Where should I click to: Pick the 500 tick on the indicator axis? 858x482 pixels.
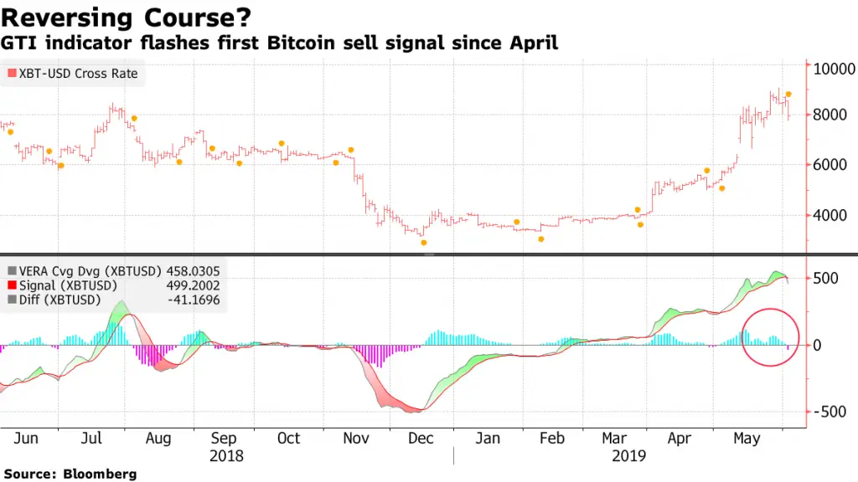click(x=825, y=279)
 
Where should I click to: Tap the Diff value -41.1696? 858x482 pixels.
click(x=194, y=299)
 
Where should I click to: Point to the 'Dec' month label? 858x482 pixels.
click(x=421, y=438)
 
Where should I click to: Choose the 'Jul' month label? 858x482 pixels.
click(x=91, y=438)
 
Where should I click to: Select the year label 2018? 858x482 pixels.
click(x=226, y=456)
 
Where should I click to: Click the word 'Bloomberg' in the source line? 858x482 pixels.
click(x=101, y=474)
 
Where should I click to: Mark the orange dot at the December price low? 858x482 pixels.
click(x=424, y=243)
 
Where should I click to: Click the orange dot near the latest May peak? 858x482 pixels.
click(x=788, y=95)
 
